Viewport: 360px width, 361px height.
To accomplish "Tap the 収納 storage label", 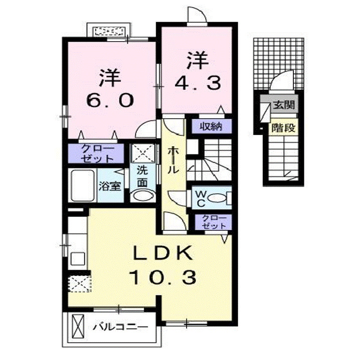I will click(210, 126).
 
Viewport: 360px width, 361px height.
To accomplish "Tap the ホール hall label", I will click(172, 159).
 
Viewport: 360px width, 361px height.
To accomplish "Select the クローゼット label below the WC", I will click(214, 222).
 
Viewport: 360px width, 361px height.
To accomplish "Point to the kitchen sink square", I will click(78, 259).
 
